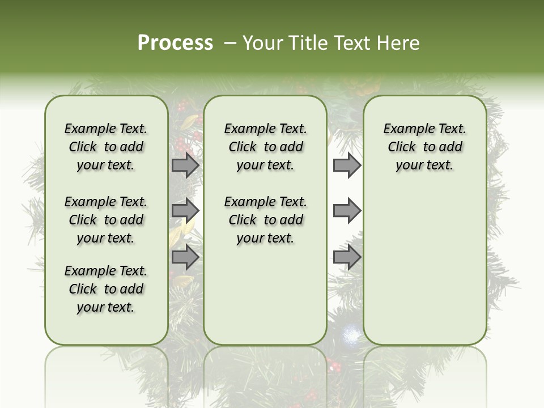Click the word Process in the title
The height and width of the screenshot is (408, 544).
point(175,42)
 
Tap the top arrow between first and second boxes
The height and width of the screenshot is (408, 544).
point(185,165)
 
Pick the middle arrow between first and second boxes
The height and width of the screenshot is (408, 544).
point(185,211)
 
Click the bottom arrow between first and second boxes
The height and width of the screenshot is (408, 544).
point(185,257)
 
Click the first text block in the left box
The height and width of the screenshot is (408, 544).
point(106,147)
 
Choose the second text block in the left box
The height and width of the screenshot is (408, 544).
point(106,220)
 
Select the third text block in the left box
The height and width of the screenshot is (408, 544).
point(106,289)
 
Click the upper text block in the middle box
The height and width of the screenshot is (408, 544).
point(265,147)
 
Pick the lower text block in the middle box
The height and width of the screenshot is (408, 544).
point(265,220)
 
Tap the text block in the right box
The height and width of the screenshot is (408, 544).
point(424,147)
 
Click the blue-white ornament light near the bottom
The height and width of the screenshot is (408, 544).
point(350,335)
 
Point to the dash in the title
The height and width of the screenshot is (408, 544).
point(229,42)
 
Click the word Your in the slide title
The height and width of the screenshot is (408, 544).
point(263,42)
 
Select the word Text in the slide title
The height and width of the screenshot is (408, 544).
point(350,42)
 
